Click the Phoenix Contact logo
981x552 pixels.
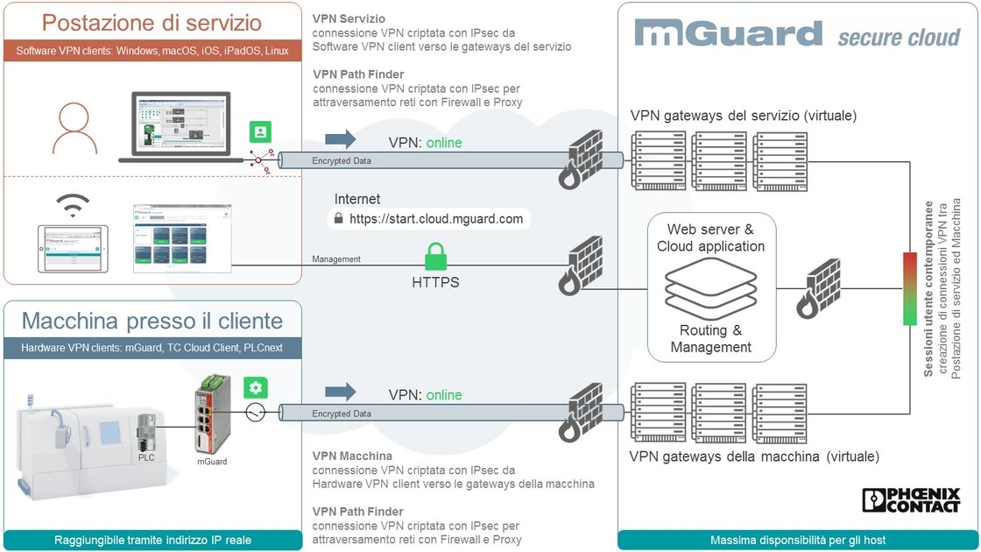(x=911, y=499)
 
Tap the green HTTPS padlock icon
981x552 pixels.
(x=435, y=257)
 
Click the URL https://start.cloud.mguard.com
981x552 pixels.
(x=436, y=219)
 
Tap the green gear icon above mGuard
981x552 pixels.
(x=256, y=388)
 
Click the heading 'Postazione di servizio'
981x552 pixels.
(x=152, y=23)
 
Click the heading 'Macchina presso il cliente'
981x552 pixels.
(x=152, y=320)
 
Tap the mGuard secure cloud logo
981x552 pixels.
(x=797, y=34)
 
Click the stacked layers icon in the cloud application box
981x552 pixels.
(x=710, y=287)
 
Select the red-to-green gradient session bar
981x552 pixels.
(x=910, y=288)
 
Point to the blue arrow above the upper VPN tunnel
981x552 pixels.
(x=341, y=138)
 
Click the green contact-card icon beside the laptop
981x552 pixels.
(x=259, y=132)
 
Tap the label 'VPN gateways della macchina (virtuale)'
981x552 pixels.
(x=754, y=456)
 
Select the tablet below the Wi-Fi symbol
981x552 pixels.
(x=73, y=248)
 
